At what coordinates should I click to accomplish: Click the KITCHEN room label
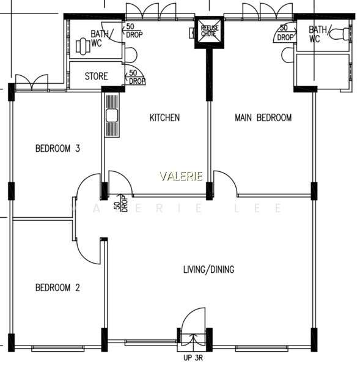[164, 117]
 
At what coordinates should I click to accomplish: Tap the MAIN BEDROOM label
[263, 117]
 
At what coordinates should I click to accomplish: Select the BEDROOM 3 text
[58, 149]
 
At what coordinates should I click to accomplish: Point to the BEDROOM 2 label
[58, 287]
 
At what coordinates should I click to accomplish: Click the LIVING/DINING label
[209, 269]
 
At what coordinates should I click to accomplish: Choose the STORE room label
[96, 76]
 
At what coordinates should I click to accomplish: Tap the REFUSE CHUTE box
[210, 32]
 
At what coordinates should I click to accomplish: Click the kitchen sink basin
[112, 116]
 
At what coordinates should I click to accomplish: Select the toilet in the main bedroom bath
[340, 34]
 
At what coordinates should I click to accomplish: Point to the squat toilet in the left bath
[83, 46]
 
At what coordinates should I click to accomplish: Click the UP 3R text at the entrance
[193, 358]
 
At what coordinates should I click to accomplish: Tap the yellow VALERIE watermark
[182, 176]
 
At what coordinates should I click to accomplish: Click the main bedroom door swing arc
[230, 177]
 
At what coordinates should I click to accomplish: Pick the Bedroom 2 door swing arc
[84, 256]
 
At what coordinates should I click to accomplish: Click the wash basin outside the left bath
[131, 55]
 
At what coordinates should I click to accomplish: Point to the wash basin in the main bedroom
[287, 55]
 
